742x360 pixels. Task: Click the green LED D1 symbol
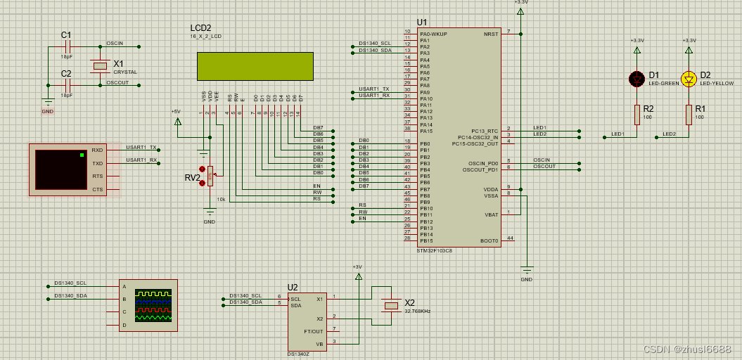click(x=637, y=79)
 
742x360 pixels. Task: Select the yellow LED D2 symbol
click(x=689, y=79)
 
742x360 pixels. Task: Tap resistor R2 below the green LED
click(x=637, y=115)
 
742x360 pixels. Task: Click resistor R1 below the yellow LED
click(x=689, y=115)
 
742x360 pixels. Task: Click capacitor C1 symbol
click(x=67, y=47)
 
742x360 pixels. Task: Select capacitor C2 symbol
click(x=67, y=85)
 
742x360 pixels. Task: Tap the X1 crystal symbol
click(x=100, y=66)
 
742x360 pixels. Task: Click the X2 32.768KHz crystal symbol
click(x=391, y=305)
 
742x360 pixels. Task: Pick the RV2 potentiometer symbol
click(x=209, y=176)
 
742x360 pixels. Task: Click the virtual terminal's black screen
click(x=60, y=169)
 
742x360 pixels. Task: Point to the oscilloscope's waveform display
click(x=153, y=306)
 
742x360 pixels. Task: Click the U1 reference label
click(x=422, y=22)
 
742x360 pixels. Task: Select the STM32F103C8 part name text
click(x=434, y=250)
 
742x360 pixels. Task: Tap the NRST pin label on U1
click(x=490, y=34)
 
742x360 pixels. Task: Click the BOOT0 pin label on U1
click(x=489, y=240)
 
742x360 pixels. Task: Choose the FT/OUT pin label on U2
click(x=314, y=330)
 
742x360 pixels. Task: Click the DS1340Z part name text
click(x=298, y=354)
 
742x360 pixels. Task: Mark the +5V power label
click(x=176, y=111)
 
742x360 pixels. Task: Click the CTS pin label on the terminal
click(x=97, y=189)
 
